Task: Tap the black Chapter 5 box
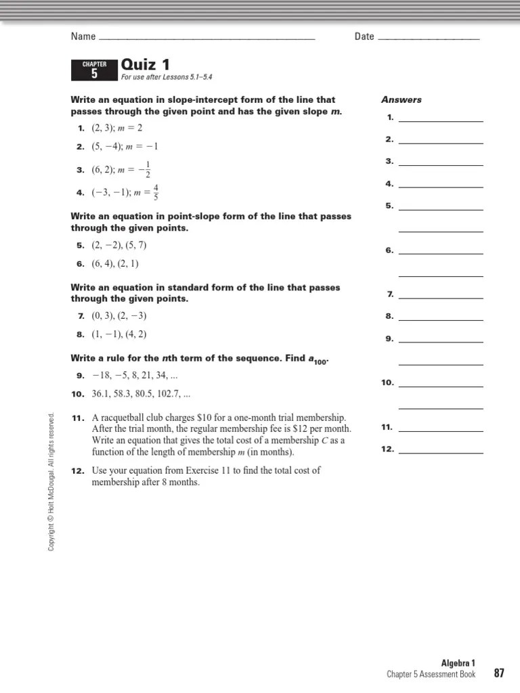94,70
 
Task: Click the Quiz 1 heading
145,65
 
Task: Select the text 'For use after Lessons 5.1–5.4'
167,78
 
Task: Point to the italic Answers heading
401,99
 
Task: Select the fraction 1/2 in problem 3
148,171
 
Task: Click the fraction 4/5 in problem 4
156,192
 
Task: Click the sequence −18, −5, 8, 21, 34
139,375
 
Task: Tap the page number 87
500,673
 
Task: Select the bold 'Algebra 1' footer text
458,663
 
